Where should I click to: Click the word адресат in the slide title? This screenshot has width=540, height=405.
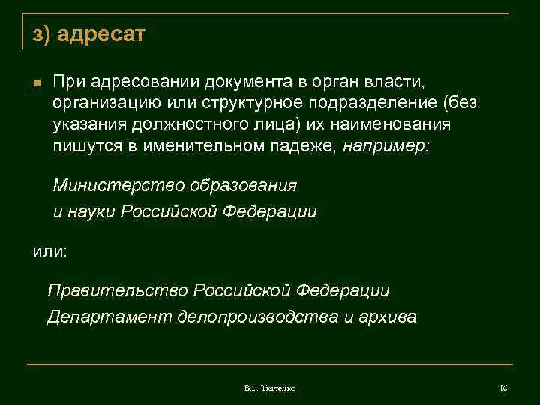[101, 34]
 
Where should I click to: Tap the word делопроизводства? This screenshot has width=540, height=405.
[258, 316]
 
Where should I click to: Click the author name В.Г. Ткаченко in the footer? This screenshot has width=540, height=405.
[270, 388]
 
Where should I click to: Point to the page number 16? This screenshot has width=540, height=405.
[503, 388]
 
